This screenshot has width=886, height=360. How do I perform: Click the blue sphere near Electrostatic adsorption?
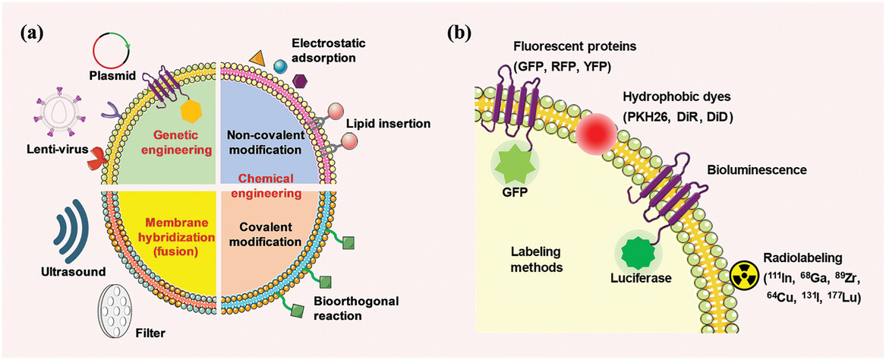click(x=280, y=69)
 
